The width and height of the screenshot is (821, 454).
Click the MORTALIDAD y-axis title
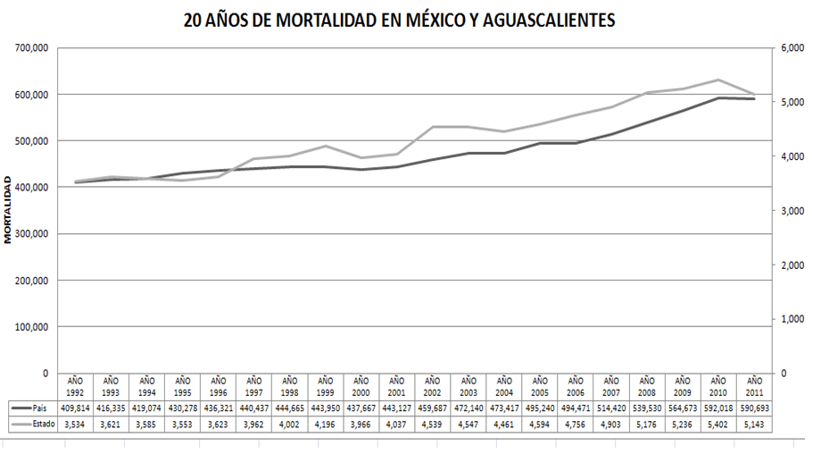[8, 210]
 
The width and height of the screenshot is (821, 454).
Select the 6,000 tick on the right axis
[793, 47]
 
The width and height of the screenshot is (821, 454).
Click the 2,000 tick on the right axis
[793, 265]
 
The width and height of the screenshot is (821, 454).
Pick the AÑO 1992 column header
[75, 386]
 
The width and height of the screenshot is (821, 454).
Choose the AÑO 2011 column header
[754, 386]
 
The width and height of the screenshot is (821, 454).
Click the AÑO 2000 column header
[361, 386]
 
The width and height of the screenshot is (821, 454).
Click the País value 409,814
[75, 407]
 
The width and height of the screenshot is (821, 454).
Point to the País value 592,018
[718, 407]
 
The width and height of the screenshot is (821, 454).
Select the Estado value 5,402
[718, 424]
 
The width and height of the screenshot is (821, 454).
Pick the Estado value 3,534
[75, 424]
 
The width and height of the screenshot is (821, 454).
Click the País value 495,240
[539, 407]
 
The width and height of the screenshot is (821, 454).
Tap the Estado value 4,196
[325, 424]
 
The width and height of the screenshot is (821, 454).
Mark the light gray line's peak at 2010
[718, 80]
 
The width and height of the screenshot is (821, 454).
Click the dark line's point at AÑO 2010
[718, 98]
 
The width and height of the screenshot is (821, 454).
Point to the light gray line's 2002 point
[432, 127]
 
